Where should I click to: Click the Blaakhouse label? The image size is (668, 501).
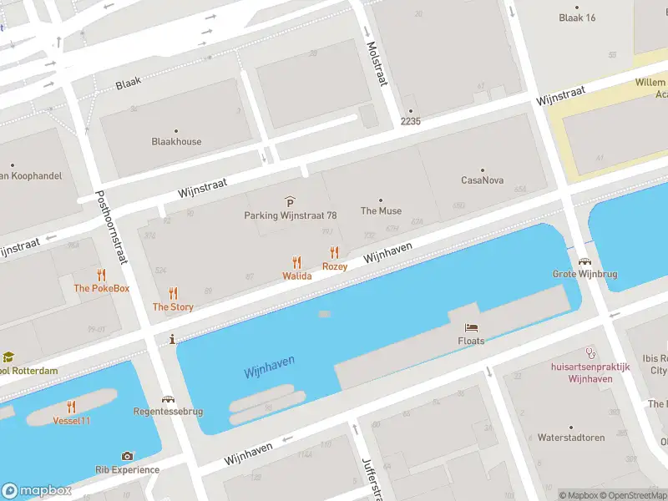click(x=176, y=141)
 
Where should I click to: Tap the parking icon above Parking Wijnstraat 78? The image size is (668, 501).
click(x=290, y=201)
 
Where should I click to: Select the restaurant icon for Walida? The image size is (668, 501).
click(x=296, y=262)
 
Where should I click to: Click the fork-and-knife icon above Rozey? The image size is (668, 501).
click(x=335, y=252)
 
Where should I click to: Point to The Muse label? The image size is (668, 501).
click(x=381, y=210)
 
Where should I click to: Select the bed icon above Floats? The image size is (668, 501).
click(x=471, y=327)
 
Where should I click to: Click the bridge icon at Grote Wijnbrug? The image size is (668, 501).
click(x=583, y=261)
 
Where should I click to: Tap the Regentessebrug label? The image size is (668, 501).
click(x=168, y=412)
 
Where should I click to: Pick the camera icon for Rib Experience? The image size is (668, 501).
click(x=127, y=456)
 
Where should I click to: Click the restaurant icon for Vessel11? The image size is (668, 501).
click(x=72, y=407)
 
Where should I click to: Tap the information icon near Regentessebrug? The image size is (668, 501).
click(x=172, y=339)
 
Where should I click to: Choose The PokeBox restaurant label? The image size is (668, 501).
click(x=102, y=288)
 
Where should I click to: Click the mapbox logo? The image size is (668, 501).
click(x=38, y=491)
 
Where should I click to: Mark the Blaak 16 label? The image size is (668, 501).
click(x=578, y=18)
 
